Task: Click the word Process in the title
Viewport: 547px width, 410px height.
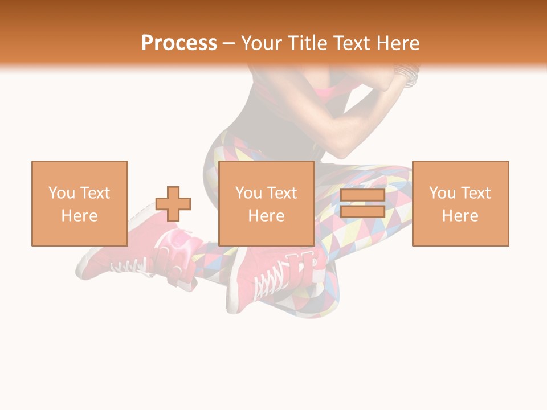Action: [179, 43]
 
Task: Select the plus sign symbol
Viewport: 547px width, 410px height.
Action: [173, 203]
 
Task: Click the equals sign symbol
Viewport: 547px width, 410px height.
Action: [362, 203]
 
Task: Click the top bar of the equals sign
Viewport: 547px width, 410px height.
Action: [362, 195]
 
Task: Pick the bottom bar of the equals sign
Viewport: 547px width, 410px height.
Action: [362, 212]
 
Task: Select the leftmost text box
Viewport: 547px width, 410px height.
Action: [79, 203]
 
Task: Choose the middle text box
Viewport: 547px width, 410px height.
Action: [266, 203]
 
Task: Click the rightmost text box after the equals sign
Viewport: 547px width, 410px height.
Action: [460, 203]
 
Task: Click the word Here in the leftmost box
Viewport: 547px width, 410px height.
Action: [79, 216]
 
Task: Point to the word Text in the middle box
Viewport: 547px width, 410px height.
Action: [282, 193]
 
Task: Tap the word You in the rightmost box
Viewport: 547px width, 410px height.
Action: [443, 193]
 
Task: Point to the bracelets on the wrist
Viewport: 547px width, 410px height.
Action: [407, 75]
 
